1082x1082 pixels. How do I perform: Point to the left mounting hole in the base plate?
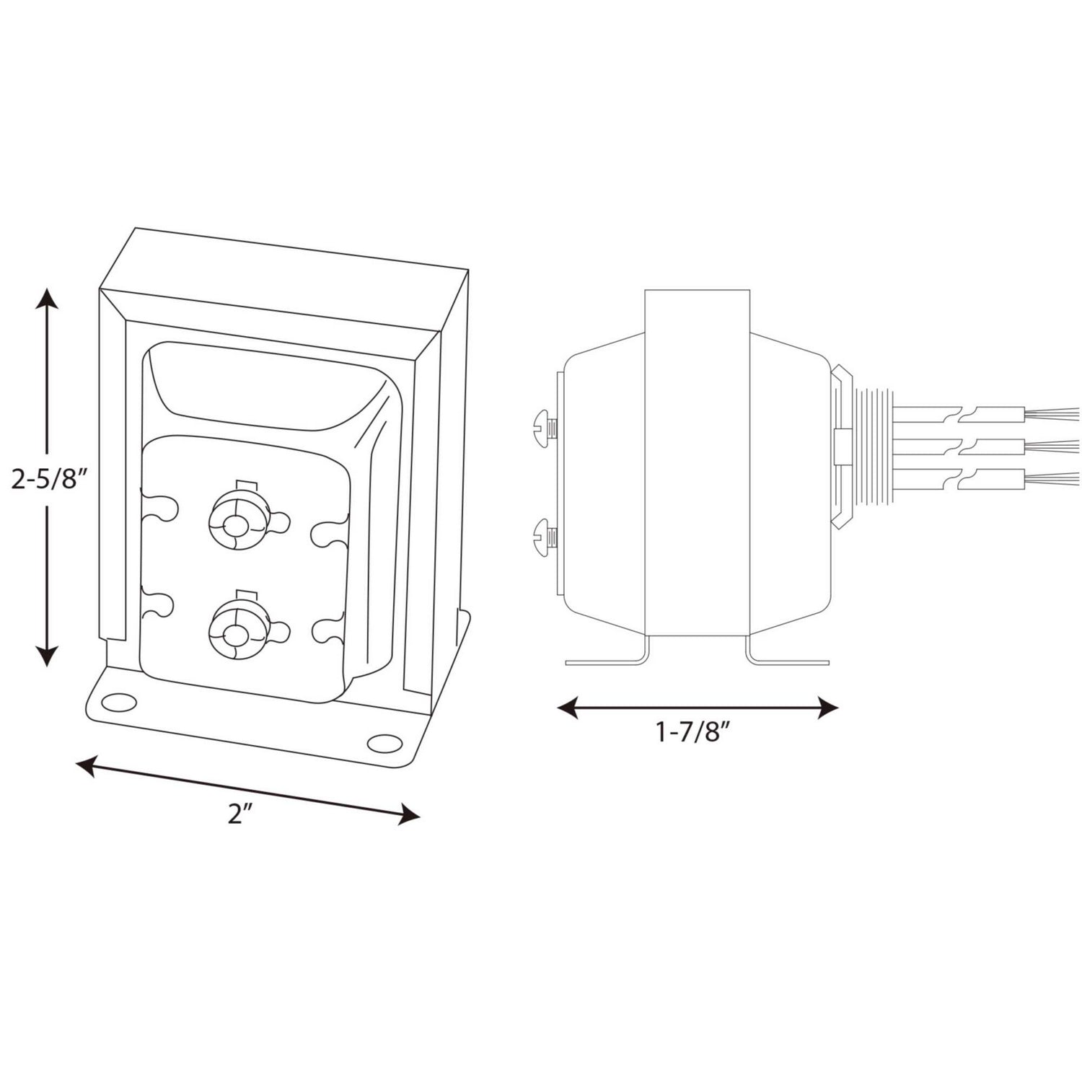[121, 700]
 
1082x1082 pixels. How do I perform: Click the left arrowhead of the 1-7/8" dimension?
[569, 708]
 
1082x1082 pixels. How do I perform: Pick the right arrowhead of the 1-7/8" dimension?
[827, 708]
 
